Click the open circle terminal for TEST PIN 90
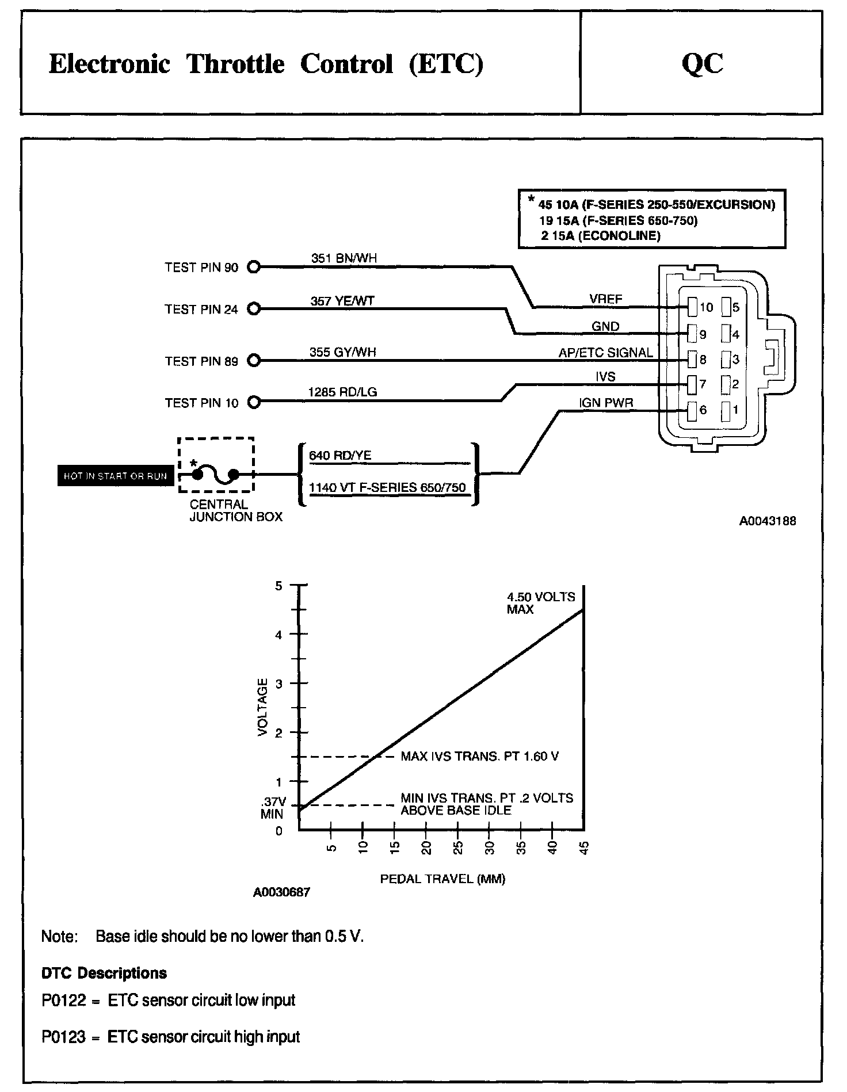(254, 267)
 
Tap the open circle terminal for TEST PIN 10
(254, 402)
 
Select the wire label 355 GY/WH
(342, 352)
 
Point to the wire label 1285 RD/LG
(342, 392)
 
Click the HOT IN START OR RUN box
(115, 476)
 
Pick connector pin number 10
(706, 307)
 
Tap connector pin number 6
(703, 410)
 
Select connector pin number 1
(735, 410)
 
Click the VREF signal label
(605, 299)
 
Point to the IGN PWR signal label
(606, 403)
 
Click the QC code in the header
(702, 64)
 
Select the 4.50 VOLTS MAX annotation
(540, 603)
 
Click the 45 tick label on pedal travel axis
(585, 849)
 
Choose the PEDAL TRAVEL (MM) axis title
(442, 879)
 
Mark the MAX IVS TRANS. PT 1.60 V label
(479, 756)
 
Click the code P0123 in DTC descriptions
(63, 1037)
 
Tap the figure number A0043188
(768, 521)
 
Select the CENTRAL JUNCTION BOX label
(236, 510)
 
